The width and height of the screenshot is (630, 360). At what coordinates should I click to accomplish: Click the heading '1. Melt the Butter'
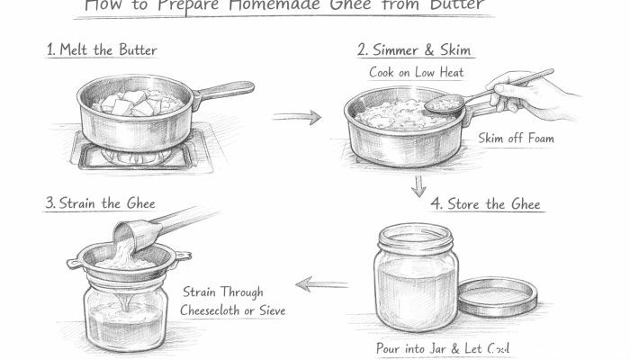click(102, 49)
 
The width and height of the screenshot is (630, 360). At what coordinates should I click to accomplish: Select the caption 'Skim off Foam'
click(517, 139)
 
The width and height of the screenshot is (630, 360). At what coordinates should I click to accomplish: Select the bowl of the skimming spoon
click(443, 106)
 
